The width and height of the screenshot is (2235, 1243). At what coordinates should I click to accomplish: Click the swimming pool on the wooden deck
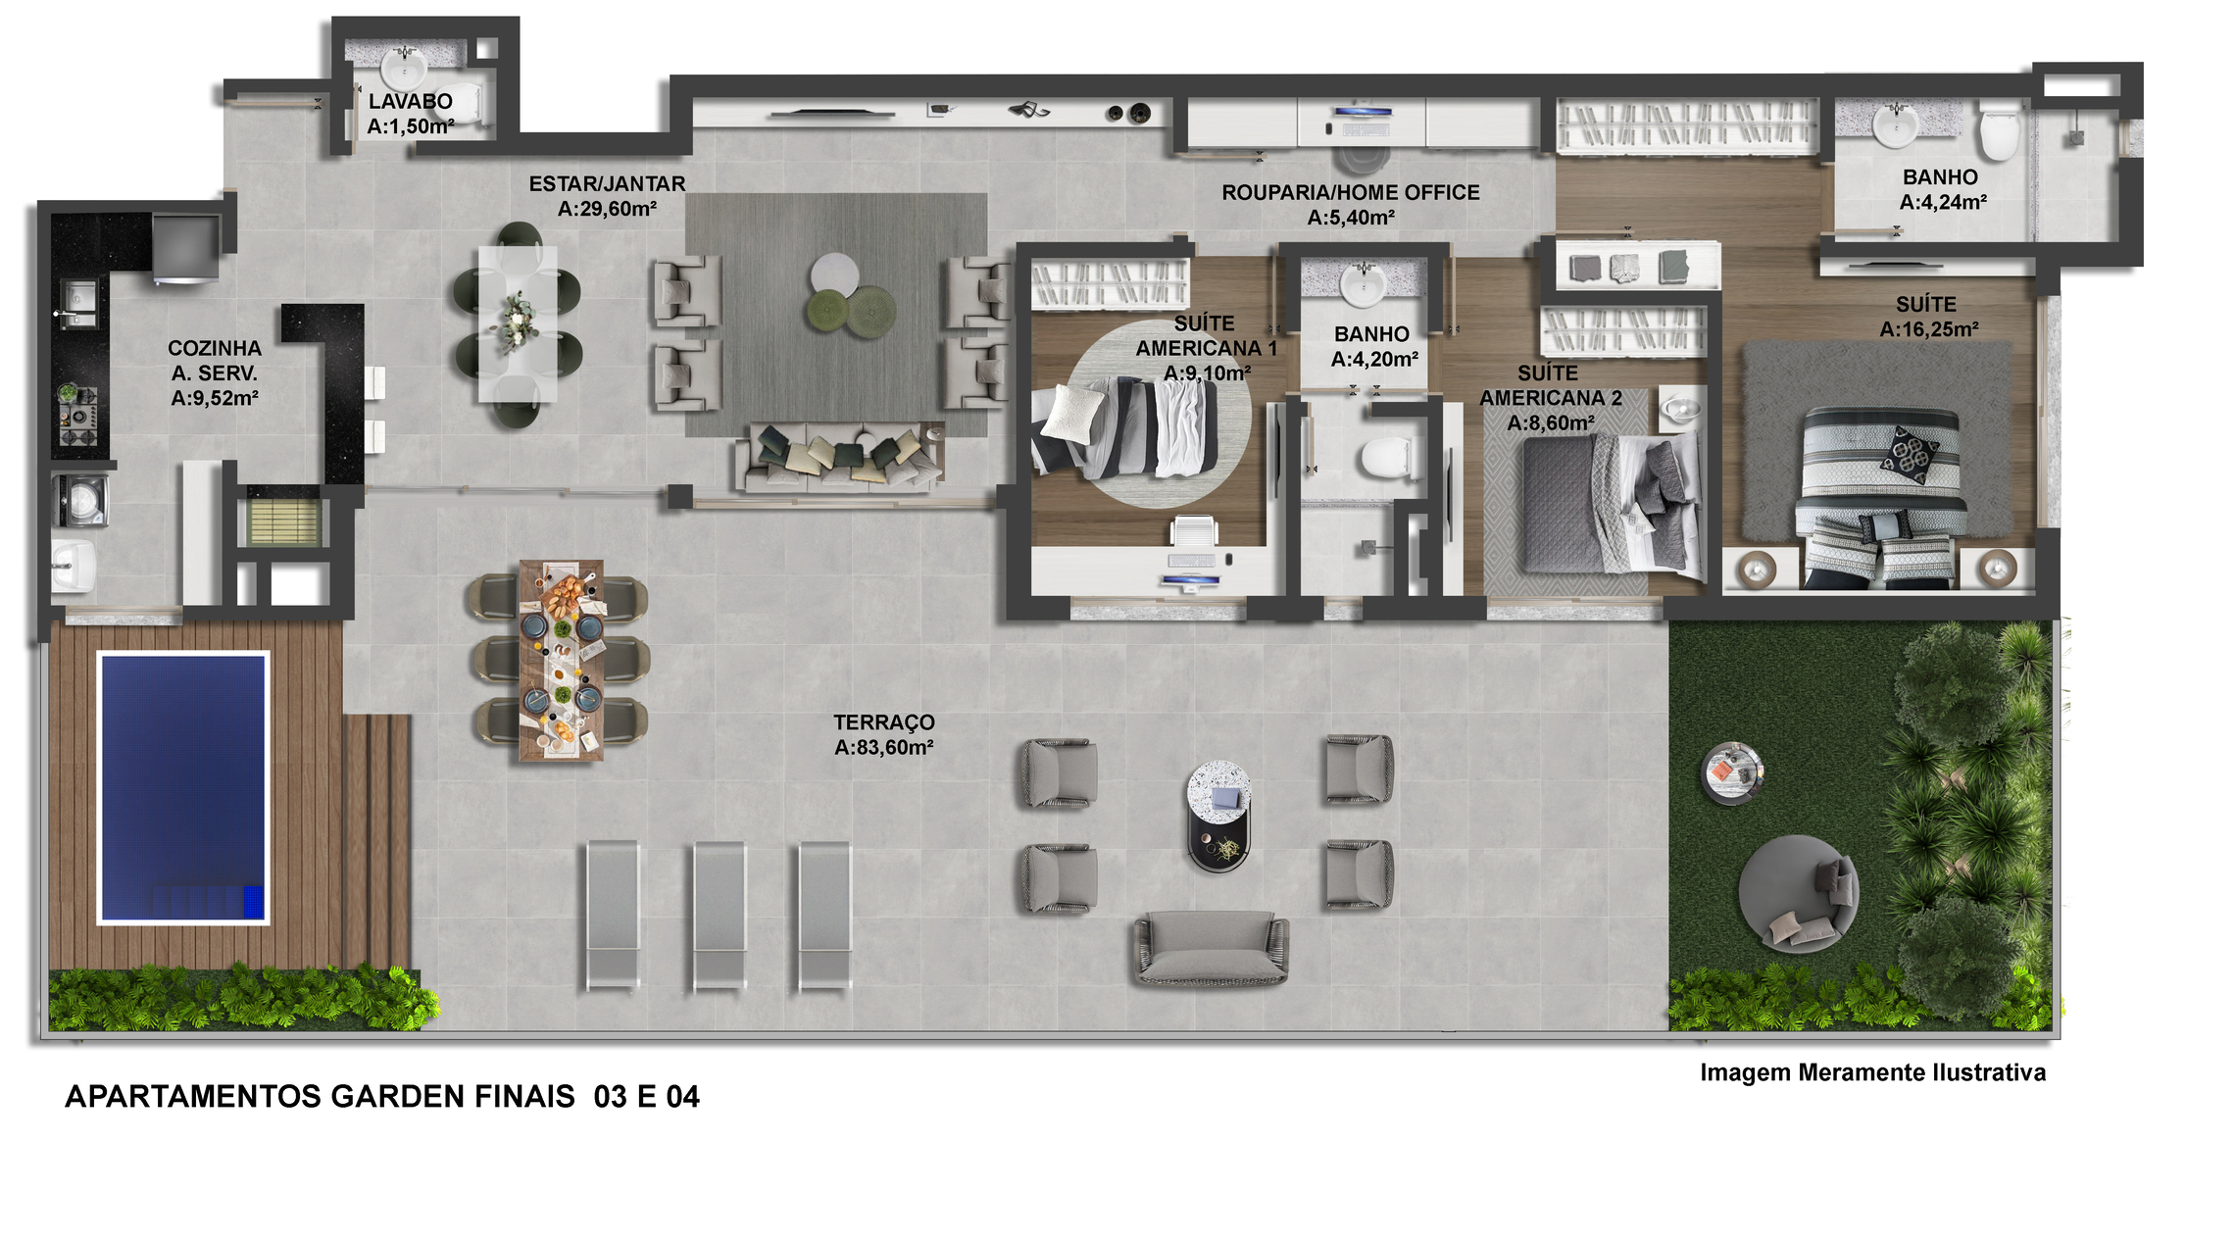[x=183, y=788]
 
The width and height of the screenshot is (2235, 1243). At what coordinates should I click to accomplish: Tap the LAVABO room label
[x=411, y=101]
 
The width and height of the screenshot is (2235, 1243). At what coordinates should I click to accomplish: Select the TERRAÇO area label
[x=884, y=722]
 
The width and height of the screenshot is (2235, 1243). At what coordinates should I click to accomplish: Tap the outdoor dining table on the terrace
[x=561, y=661]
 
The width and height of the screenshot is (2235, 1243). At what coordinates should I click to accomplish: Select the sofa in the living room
[x=840, y=457]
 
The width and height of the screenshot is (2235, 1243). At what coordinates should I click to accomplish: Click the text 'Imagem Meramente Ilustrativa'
[x=1872, y=1072]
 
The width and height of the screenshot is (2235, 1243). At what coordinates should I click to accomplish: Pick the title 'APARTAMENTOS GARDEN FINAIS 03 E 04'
[x=382, y=1096]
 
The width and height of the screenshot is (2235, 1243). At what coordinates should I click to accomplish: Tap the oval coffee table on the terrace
[x=1219, y=816]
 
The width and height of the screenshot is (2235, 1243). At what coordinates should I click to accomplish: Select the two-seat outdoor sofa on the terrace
[x=1212, y=947]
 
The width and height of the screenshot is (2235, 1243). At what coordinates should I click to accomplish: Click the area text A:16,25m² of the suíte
[x=1928, y=329]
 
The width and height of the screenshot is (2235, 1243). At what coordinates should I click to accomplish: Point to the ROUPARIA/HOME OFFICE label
[x=1351, y=192]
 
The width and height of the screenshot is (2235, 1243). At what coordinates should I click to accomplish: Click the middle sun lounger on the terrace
[x=720, y=915]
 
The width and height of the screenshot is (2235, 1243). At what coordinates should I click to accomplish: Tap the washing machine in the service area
[x=79, y=499]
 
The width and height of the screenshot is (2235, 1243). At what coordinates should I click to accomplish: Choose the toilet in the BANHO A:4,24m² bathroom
[x=1998, y=132]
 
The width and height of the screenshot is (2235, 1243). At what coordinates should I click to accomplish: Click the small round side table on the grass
[x=1732, y=772]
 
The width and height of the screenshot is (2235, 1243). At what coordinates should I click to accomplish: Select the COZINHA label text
[x=215, y=348]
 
